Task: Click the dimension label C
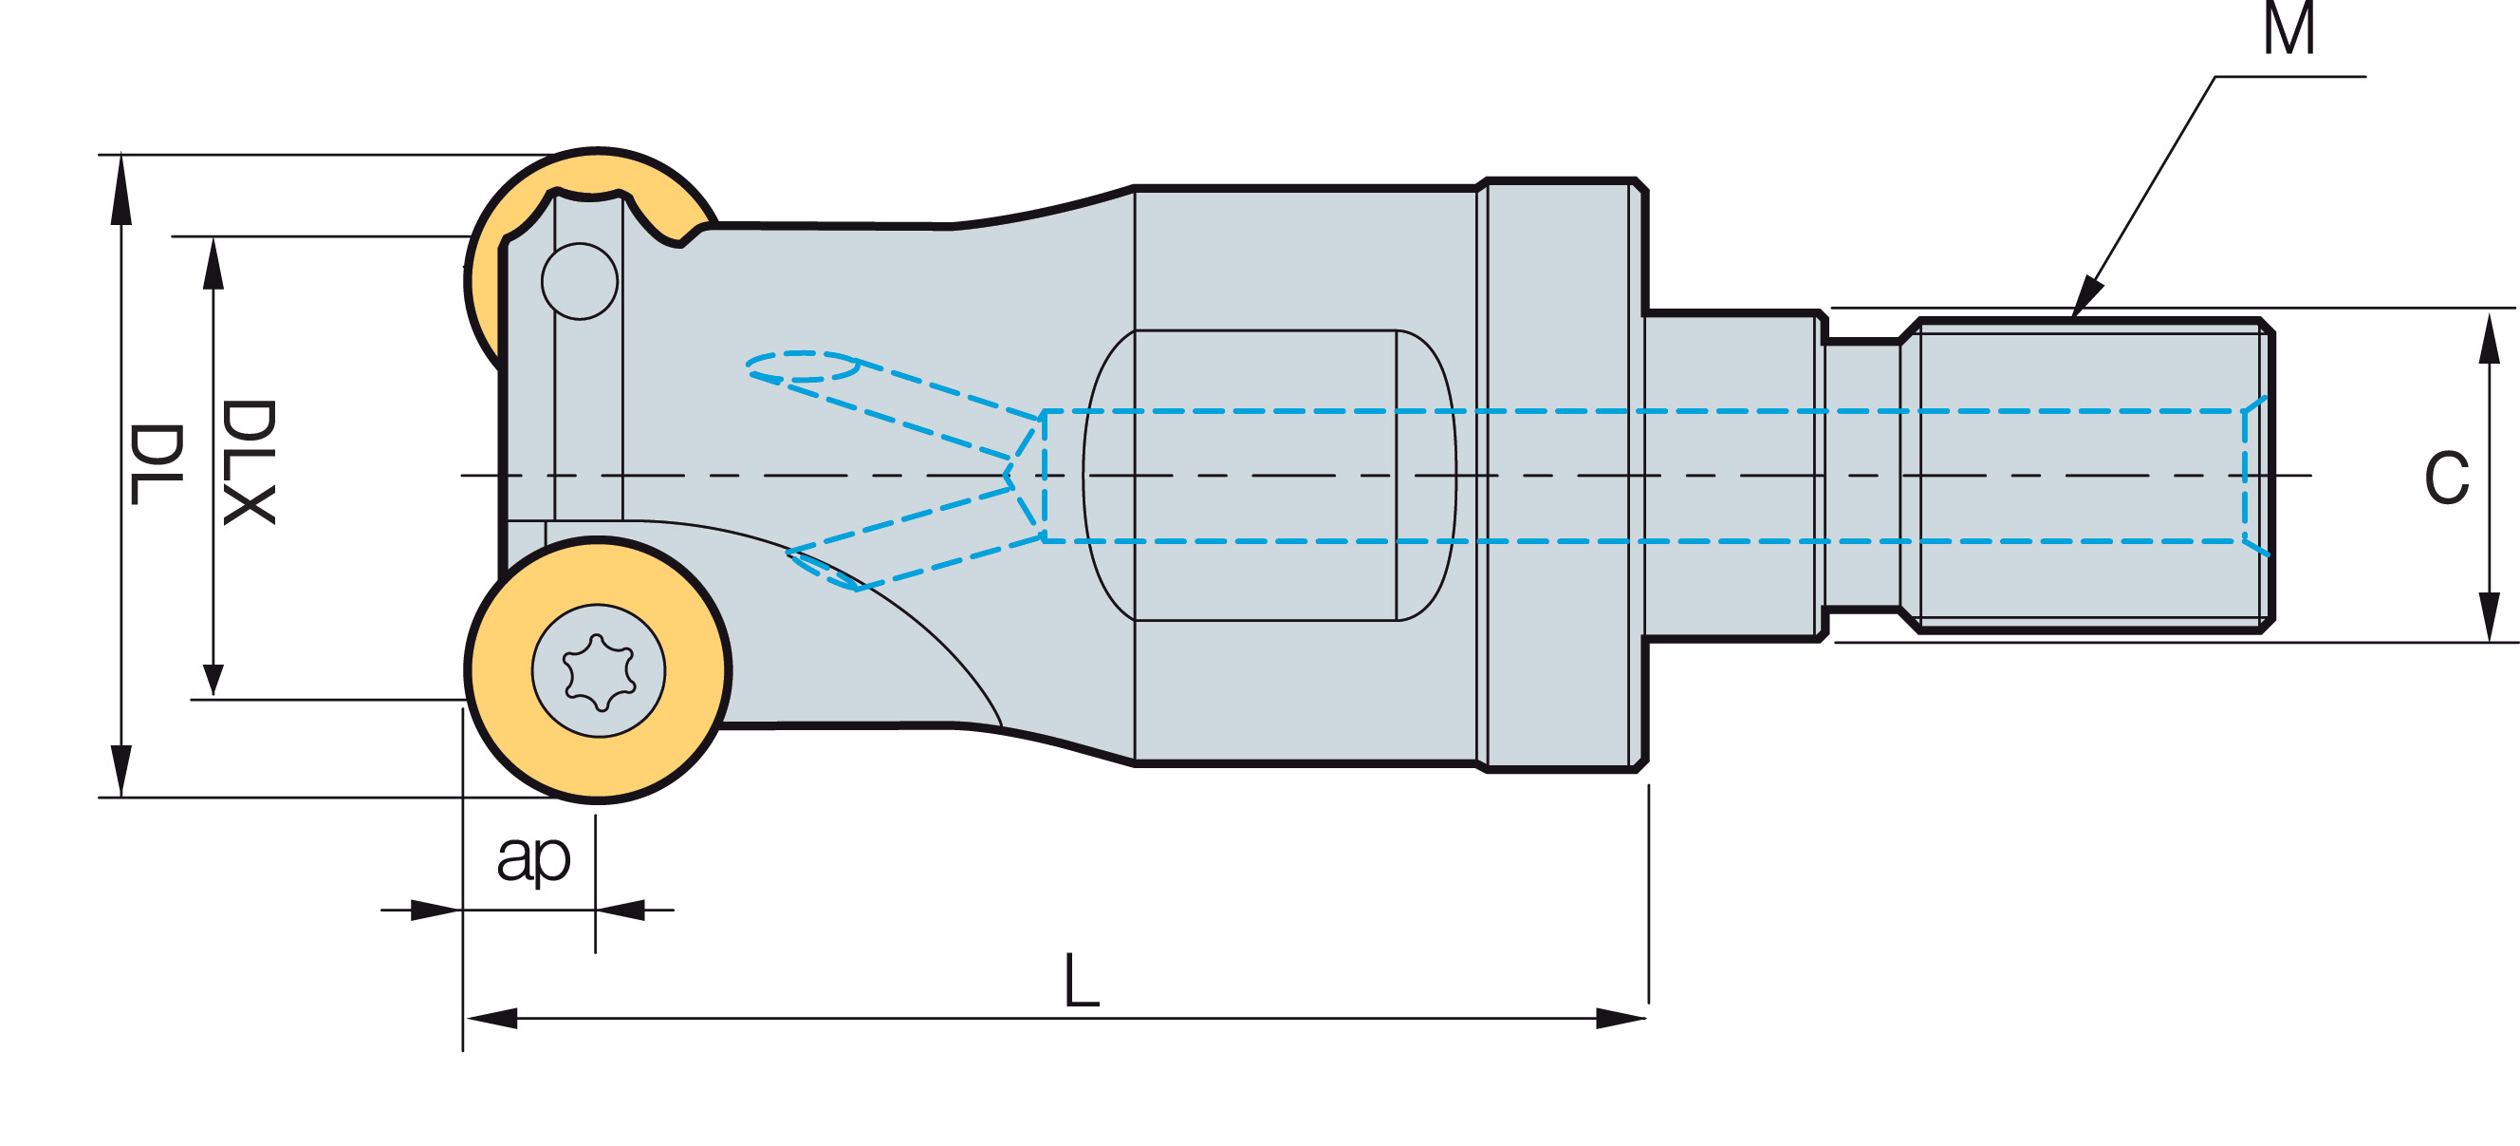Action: [x=2447, y=478]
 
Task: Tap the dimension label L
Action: [x=1081, y=980]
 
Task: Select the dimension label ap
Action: [x=533, y=858]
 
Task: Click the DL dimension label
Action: [x=157, y=464]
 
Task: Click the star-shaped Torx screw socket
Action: [x=599, y=672]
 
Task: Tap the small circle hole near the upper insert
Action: [x=579, y=281]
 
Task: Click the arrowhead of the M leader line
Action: [x=2086, y=296]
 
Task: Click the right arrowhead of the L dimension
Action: [x=1620, y=1018]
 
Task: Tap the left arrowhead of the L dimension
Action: [x=491, y=1018]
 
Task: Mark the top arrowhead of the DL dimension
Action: [x=120, y=189]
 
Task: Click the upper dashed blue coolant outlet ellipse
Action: [x=802, y=366]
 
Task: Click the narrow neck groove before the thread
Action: [x=1862, y=476]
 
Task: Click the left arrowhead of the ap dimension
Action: [x=435, y=911]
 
